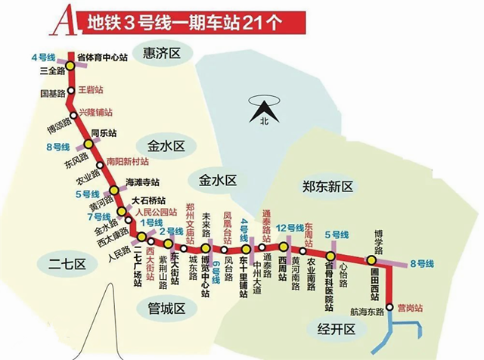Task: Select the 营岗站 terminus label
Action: click(410, 309)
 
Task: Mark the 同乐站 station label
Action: click(103, 132)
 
